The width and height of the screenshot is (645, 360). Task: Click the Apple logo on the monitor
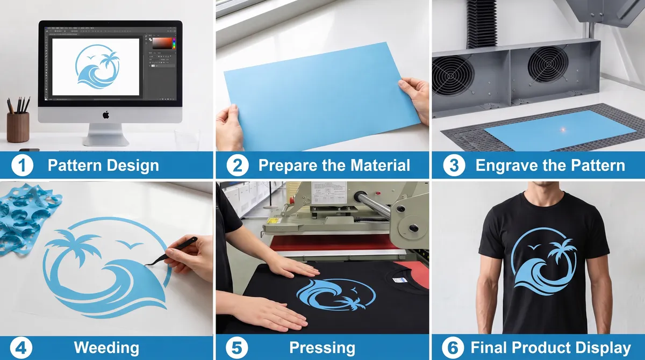[106, 115]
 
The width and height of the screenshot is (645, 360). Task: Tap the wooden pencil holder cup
[18, 127]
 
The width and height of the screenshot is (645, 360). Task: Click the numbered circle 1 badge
[22, 165]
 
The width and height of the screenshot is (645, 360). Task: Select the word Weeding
[106, 348]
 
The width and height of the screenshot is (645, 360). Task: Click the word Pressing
[322, 348]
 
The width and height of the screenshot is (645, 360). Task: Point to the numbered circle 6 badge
[453, 348]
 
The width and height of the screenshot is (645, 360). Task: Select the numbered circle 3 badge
[454, 165]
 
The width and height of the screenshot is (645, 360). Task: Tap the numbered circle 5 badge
[236, 348]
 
